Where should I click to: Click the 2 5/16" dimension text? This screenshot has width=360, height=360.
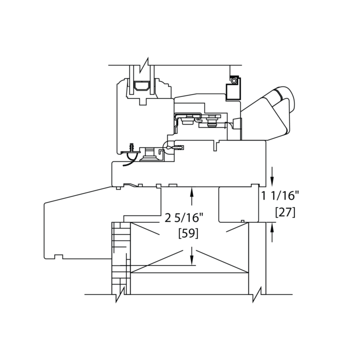point(184,218)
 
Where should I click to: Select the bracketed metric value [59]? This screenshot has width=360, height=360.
point(188,233)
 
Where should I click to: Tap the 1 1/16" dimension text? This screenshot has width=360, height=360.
point(280,196)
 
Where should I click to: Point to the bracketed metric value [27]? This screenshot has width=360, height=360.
point(285,212)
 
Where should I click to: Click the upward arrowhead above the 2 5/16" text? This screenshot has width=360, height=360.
point(191,191)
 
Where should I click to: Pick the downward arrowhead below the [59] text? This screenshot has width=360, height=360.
point(191,260)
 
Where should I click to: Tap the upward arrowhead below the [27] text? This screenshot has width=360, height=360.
point(272,227)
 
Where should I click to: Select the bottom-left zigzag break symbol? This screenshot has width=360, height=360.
point(120,294)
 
